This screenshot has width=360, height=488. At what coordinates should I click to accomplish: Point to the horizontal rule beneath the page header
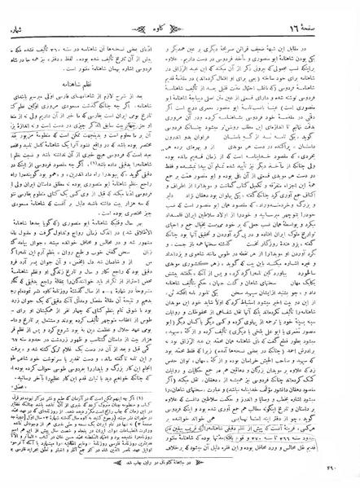[x=182, y=24]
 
